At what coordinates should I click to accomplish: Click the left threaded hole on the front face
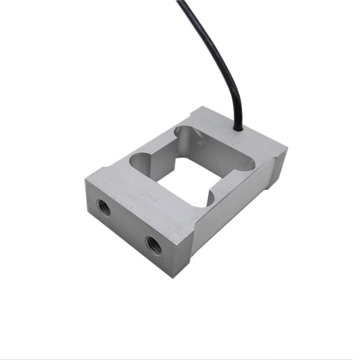(104, 207)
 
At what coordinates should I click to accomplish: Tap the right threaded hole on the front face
(153, 244)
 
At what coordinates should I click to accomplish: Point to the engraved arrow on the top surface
(148, 195)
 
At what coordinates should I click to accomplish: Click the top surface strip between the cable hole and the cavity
(225, 135)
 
